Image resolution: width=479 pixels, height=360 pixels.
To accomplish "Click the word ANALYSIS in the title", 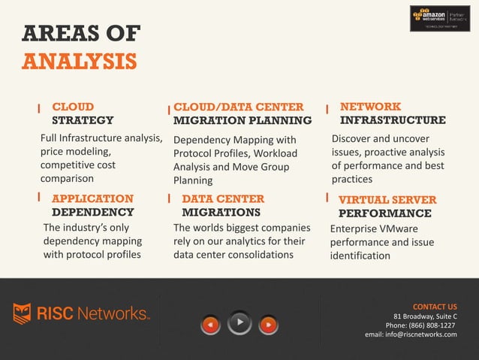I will point(80,60).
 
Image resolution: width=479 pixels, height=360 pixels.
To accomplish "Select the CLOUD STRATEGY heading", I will point(83,113).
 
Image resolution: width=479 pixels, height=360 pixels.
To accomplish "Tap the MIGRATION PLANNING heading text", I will point(242,120).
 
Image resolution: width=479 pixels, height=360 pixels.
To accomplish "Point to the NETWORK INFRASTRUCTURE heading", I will point(393,113).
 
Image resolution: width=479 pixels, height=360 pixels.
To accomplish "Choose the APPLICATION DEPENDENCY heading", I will point(92,205).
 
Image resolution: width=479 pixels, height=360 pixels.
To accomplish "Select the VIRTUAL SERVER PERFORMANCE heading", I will point(387,207).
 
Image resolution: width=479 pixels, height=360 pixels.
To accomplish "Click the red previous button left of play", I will point(212,325).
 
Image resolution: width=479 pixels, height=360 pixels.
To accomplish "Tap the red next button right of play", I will point(268,325).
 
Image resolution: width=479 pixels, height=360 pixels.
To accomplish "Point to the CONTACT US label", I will point(435,307).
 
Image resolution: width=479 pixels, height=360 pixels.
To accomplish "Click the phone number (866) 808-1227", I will point(431,325).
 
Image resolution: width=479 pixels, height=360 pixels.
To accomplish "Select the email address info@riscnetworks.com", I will point(411,334).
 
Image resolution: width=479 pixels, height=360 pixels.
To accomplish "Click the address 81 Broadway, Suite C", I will point(425,316).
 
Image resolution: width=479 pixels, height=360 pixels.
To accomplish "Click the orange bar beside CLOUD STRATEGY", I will point(39,109).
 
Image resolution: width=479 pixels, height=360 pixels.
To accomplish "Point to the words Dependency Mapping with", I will point(234,140).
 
